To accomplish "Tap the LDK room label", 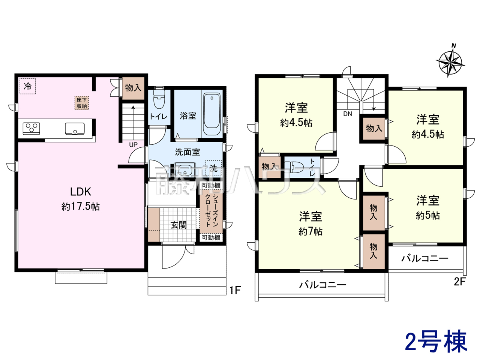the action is [x=81, y=192].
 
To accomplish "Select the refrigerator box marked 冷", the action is [x=27, y=86].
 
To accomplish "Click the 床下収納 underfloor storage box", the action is [x=82, y=103].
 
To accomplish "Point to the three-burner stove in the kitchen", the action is [x=31, y=128].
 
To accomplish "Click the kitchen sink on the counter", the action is [x=75, y=129].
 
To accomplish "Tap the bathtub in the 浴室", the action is [x=211, y=114].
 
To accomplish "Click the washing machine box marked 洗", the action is [x=213, y=168].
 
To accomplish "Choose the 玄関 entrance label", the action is [x=178, y=225].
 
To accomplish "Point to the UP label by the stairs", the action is [x=133, y=145].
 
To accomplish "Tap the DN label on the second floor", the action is [x=348, y=114].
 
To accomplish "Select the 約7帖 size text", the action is [x=310, y=231].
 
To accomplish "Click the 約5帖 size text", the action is [x=428, y=216].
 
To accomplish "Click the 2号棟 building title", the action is [x=436, y=344].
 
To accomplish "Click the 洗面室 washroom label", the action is [x=187, y=152].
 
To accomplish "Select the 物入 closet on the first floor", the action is [x=133, y=88].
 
